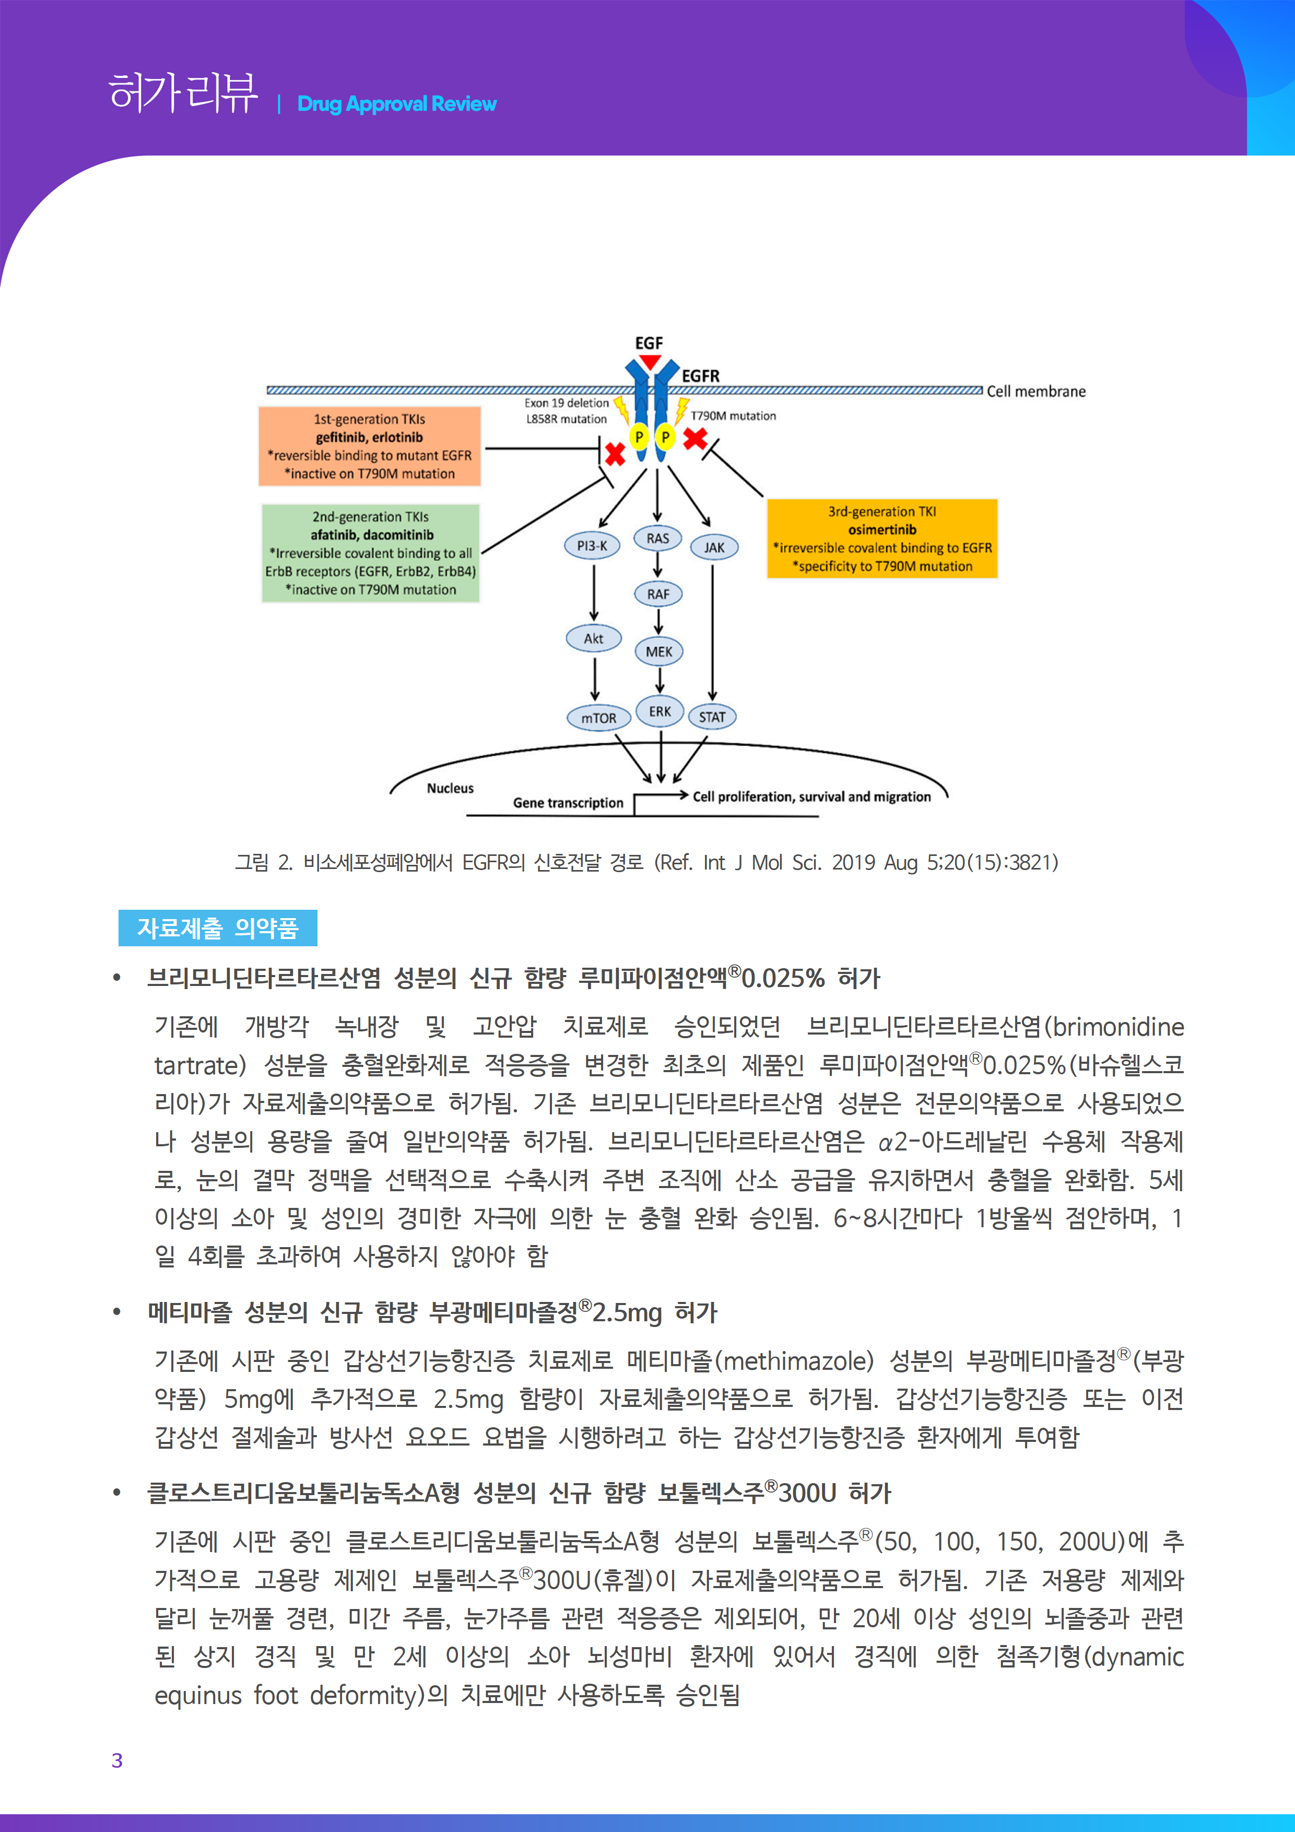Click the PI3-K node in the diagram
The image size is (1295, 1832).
[592, 546]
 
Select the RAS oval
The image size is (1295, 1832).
[657, 538]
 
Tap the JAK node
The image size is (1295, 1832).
[714, 547]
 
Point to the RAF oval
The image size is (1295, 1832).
[658, 594]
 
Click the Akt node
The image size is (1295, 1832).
[593, 638]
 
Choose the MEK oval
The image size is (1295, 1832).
[659, 652]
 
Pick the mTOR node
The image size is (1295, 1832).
[598, 718]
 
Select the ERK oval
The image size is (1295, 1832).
[660, 711]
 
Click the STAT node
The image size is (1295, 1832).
[712, 717]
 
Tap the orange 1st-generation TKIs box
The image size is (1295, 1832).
[369, 446]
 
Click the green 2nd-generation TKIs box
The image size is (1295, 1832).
[370, 553]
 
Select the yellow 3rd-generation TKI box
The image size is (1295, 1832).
[881, 538]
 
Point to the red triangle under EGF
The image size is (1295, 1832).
[650, 362]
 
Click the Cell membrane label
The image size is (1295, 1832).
[1035, 392]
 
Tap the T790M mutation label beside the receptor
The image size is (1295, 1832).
[733, 416]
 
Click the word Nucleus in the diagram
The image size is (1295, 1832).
[450, 789]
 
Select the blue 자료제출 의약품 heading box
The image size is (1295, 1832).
[217, 928]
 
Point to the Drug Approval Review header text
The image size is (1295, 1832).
[396, 104]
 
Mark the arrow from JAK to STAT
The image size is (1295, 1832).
[713, 630]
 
